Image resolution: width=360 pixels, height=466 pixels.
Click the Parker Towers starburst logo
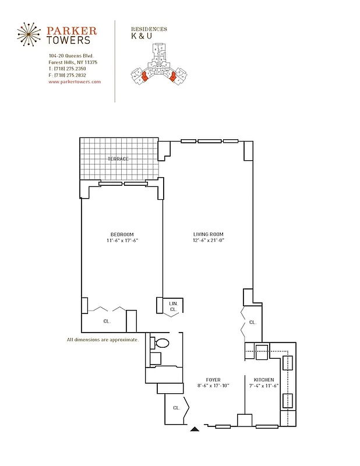[30, 36]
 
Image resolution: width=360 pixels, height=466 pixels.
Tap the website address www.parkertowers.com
[75, 82]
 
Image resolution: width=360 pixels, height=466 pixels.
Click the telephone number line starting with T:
[68, 69]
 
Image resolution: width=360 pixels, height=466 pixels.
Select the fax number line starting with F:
[68, 75]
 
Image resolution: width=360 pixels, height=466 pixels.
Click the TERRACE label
[118, 158]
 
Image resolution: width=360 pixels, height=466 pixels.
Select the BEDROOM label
[122, 234]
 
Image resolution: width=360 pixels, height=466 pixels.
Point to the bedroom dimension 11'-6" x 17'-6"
[122, 241]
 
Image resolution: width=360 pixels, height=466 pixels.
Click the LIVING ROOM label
[209, 234]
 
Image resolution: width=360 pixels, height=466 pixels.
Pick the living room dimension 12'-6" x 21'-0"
[209, 241]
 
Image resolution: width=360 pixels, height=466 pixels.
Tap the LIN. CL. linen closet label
[173, 307]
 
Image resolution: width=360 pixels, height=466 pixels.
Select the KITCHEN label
[263, 380]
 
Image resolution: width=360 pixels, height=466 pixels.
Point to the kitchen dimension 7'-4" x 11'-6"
[263, 386]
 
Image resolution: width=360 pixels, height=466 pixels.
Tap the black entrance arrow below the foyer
[195, 430]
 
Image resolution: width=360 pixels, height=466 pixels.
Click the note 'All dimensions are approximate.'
[103, 340]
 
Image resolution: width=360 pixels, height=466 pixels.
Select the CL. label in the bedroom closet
[107, 321]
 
